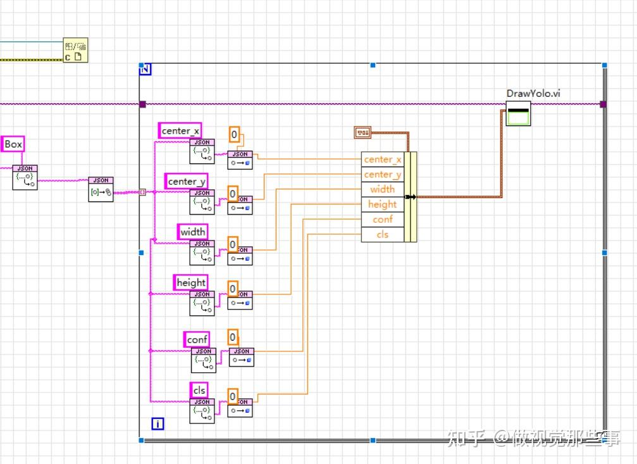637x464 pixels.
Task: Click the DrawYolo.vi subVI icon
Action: click(x=518, y=113)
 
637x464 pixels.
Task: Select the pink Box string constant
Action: click(x=13, y=144)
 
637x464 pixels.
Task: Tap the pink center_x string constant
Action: click(x=180, y=131)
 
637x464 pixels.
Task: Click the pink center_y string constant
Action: click(x=187, y=182)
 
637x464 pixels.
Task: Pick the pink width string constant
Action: click(x=192, y=232)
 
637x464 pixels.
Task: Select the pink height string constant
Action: click(x=190, y=283)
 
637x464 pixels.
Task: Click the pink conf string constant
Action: click(x=197, y=340)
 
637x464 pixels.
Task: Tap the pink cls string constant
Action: click(x=199, y=391)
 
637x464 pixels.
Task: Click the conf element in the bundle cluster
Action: click(x=382, y=220)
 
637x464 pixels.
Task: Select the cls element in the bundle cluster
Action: click(x=382, y=235)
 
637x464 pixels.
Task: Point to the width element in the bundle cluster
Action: click(x=382, y=189)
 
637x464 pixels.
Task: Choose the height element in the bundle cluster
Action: click(x=382, y=204)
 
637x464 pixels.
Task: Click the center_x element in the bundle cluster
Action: click(x=382, y=160)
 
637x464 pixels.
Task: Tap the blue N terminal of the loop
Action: click(x=145, y=69)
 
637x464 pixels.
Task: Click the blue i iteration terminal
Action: click(x=158, y=423)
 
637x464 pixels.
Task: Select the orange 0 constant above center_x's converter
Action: click(x=234, y=134)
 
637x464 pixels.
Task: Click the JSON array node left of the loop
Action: click(x=101, y=189)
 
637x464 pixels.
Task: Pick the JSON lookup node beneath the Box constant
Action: click(x=25, y=177)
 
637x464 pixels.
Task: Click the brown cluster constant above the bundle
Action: click(x=362, y=132)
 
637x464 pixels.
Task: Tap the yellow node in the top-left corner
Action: click(x=75, y=51)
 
